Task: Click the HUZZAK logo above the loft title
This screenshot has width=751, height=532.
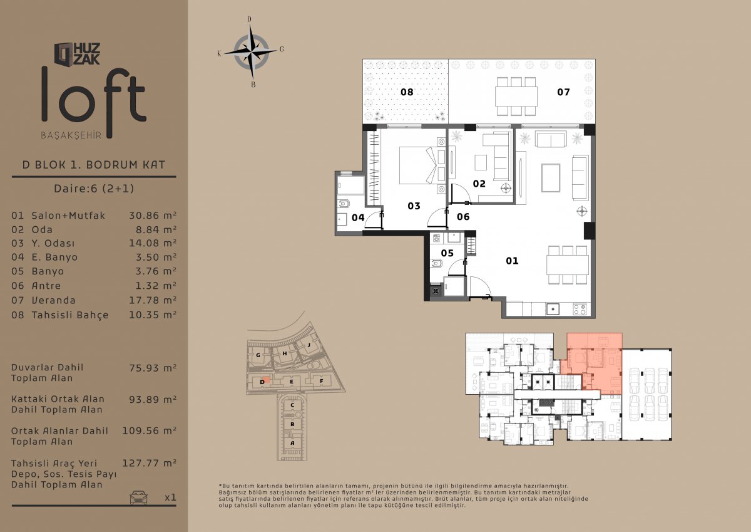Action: click(77, 54)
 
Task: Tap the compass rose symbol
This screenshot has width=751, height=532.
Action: click(251, 51)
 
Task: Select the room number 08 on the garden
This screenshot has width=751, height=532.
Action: click(407, 92)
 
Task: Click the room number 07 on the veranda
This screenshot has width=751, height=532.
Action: click(563, 92)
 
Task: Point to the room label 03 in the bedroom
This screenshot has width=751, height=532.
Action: click(414, 206)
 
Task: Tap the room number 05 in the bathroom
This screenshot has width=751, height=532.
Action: click(447, 253)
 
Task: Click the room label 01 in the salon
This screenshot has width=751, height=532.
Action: click(512, 261)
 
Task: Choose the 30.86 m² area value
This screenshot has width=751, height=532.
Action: click(153, 215)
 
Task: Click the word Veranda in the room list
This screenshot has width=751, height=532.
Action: click(54, 300)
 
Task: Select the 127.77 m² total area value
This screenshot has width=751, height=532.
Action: click(149, 463)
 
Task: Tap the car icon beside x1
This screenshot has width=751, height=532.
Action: click(138, 497)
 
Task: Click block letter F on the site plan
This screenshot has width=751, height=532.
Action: click(321, 381)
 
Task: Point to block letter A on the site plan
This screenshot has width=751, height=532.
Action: click(292, 443)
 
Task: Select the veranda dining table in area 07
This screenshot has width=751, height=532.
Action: click(516, 96)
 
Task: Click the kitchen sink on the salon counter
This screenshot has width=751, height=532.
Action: click(553, 309)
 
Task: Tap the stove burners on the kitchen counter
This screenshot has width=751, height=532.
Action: click(580, 309)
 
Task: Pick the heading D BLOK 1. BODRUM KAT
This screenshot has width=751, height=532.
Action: click(94, 165)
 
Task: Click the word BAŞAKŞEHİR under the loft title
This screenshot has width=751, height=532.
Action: click(71, 135)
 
